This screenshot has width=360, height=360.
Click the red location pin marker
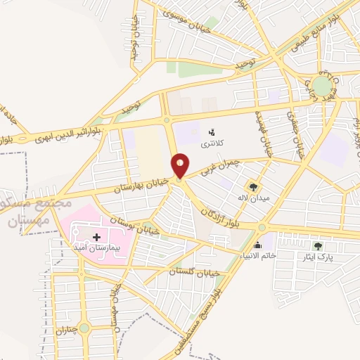click(181, 166)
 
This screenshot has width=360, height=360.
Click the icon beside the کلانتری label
click(211, 131)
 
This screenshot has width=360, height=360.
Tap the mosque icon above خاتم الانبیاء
click(257, 245)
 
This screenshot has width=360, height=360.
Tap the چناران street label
click(65, 319)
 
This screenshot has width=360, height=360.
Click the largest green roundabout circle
click(323, 86)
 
